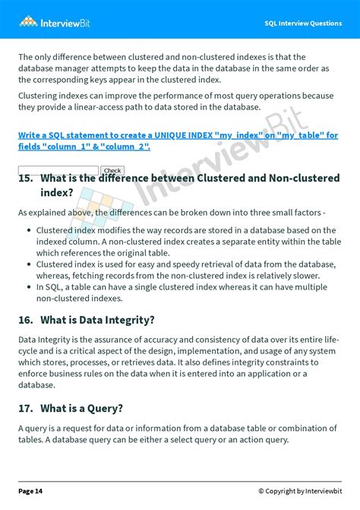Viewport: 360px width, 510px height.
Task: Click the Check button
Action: point(112,171)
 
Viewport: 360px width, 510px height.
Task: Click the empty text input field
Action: point(58,170)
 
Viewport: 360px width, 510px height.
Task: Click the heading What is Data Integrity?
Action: point(97,320)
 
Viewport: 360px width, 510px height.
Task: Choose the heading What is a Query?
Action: point(81,408)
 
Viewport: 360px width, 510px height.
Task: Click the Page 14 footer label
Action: point(30,491)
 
